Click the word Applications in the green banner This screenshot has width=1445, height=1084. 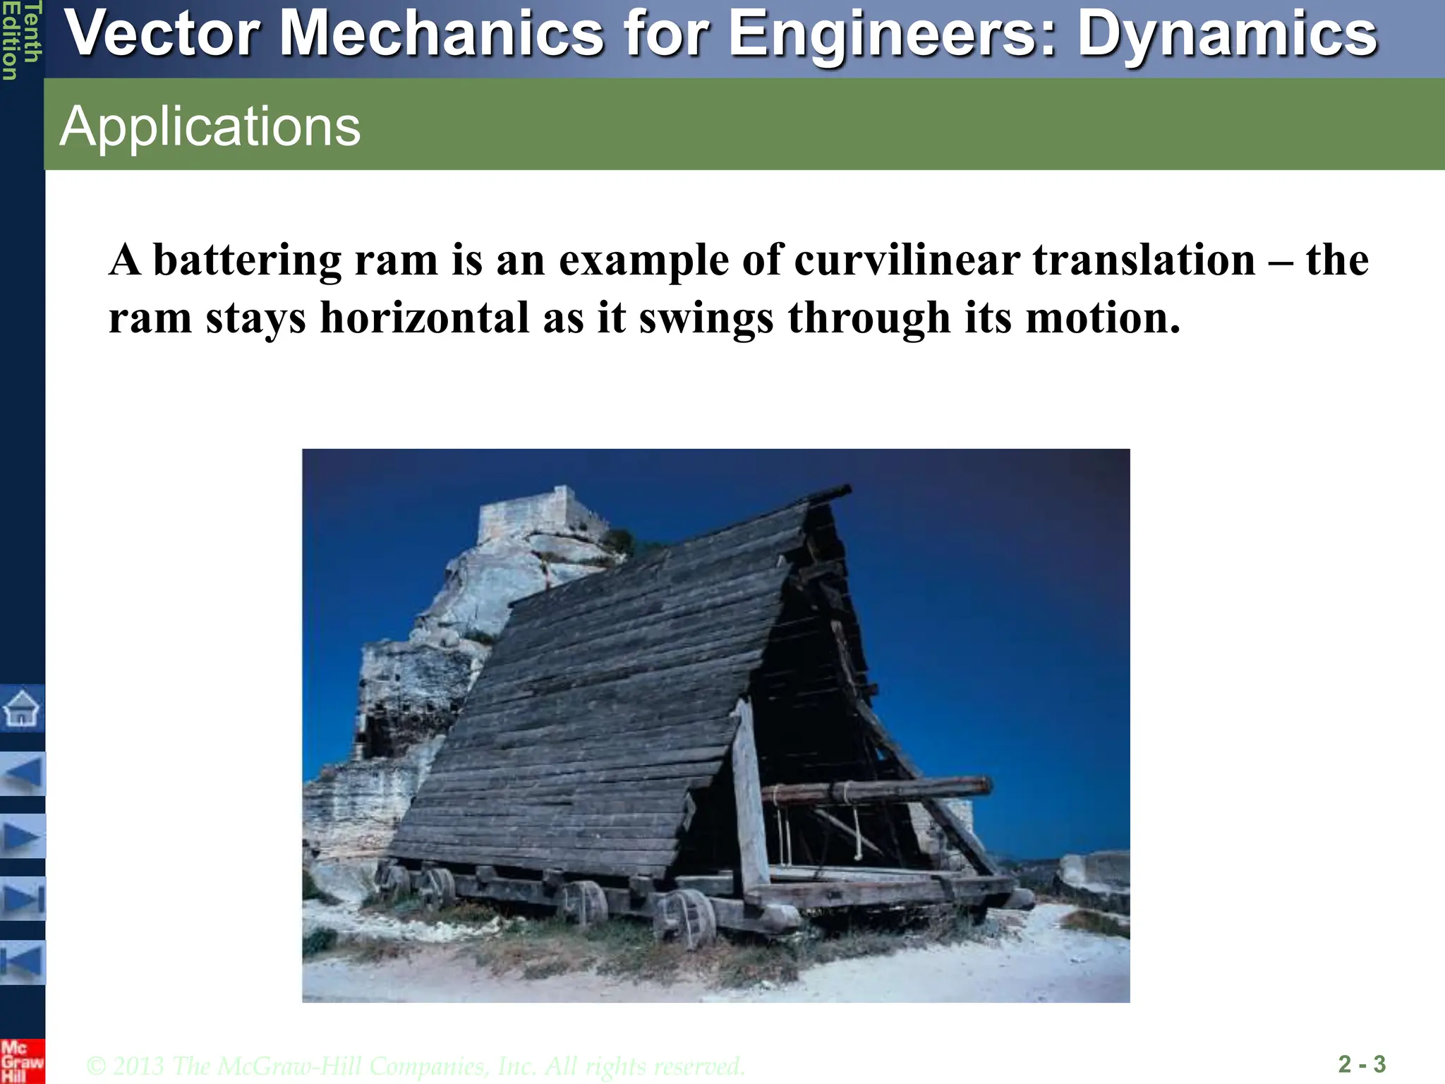[210, 126]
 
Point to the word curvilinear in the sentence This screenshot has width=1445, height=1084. [907, 260]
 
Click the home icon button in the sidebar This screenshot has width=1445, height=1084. [22, 708]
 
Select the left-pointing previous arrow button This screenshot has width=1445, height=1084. [22, 773]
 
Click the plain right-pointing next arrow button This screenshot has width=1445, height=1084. [22, 836]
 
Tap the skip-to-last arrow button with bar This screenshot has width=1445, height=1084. [22, 899]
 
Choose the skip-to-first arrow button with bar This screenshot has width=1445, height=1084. [22, 962]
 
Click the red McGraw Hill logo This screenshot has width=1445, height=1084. [22, 1061]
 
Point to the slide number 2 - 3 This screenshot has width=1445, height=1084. [1362, 1064]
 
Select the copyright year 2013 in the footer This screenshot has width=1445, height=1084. [138, 1066]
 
